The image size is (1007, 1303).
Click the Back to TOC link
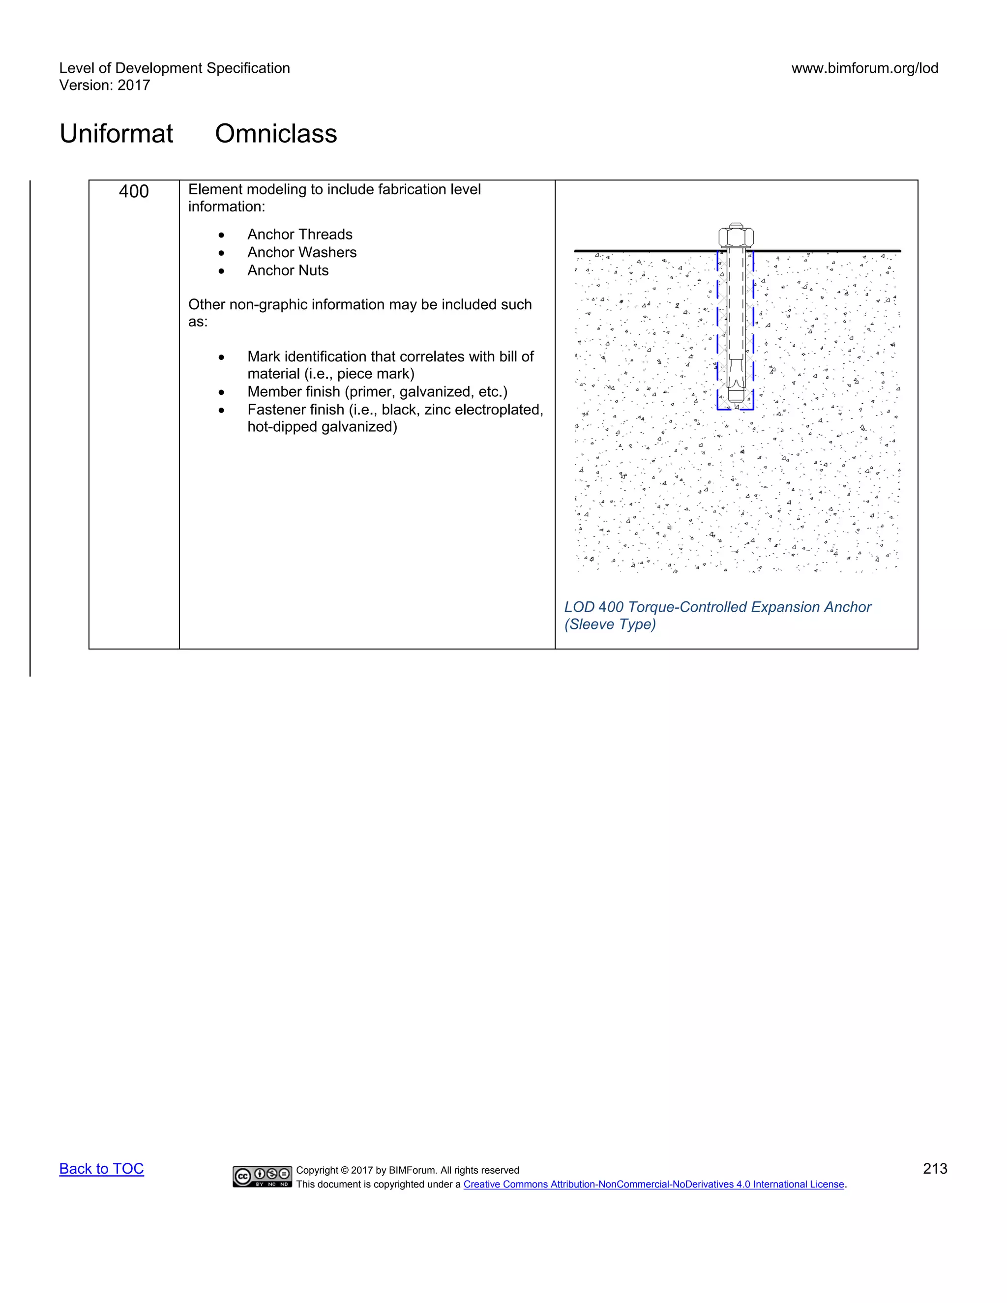101,1169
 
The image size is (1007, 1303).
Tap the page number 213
934,1169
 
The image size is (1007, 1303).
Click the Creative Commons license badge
263,1177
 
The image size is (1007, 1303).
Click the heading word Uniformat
117,134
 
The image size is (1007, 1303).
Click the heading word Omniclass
276,134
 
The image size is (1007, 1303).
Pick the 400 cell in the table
134,191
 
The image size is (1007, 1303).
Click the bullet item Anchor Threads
299,235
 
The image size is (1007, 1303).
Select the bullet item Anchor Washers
302,252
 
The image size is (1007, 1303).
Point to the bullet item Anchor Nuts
288,270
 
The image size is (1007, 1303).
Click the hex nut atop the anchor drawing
736,236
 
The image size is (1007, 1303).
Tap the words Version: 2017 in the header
104,86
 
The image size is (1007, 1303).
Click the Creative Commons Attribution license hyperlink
654,1185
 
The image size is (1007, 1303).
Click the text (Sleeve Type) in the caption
610,624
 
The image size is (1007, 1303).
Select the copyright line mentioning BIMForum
408,1171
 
